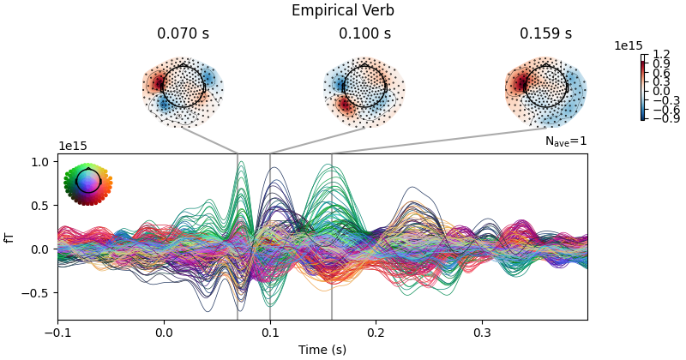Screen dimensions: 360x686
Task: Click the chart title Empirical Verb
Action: pos(343,11)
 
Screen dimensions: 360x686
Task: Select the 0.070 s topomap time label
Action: pos(183,34)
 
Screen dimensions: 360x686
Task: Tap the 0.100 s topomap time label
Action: pos(364,34)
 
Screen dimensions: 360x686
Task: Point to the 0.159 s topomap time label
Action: pos(545,34)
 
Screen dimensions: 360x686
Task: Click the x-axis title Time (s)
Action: pos(322,350)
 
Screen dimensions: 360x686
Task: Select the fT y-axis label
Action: pos(10,237)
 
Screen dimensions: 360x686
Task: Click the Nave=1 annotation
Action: pos(566,141)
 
